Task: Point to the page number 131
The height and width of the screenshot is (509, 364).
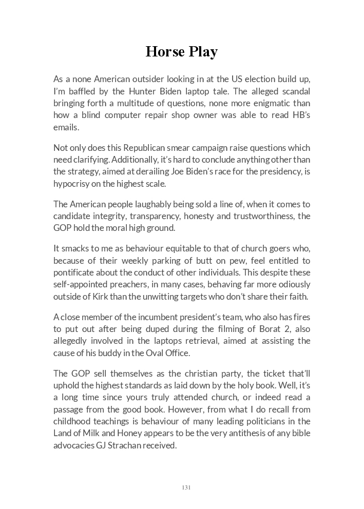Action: coord(186,487)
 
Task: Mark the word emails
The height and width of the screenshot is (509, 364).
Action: coord(65,127)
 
